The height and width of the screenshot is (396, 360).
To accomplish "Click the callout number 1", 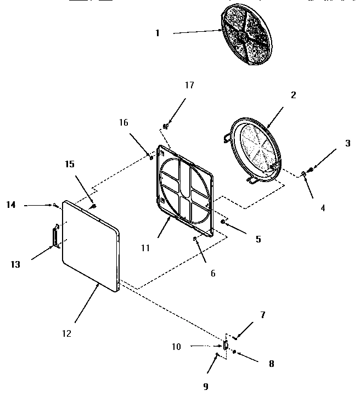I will [x=157, y=33].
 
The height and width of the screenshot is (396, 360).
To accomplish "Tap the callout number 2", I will [x=294, y=95].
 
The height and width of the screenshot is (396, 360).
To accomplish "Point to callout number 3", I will [x=347, y=144].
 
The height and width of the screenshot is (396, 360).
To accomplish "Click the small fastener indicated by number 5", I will [x=223, y=222].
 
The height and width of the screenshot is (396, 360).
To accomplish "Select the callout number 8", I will [x=271, y=363].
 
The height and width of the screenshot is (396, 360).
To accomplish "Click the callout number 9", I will [x=206, y=386].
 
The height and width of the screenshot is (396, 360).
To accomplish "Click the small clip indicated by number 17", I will [x=166, y=126].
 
